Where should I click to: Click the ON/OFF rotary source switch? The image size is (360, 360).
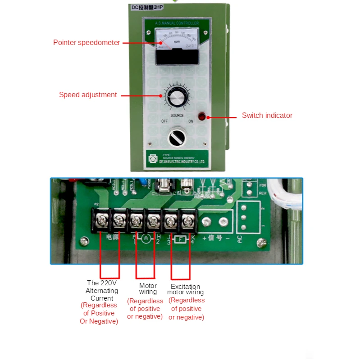[176, 137]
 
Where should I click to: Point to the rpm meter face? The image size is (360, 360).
[176, 40]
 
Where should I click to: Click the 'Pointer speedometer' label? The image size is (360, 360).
[87, 43]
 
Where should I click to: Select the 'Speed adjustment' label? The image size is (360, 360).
[88, 95]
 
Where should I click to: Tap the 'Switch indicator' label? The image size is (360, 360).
[267, 116]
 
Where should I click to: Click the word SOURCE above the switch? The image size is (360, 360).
[177, 116]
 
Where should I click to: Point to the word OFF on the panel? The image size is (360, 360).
[165, 121]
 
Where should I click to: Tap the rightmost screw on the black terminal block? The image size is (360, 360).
[187, 220]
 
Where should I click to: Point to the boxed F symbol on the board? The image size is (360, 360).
[180, 239]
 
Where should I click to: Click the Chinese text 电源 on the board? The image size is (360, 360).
[113, 236]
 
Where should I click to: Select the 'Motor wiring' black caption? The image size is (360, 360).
[148, 289]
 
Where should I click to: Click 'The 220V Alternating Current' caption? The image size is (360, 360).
[102, 290]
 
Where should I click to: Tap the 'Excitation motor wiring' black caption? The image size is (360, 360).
[185, 289]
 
